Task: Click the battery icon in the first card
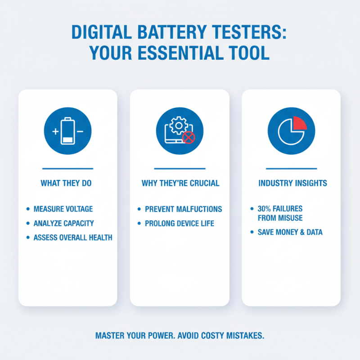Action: point(67,131)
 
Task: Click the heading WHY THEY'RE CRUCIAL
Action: point(180,184)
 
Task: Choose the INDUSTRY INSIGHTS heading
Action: point(292,184)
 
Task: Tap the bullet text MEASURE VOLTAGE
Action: point(63,209)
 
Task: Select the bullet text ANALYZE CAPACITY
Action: point(64,223)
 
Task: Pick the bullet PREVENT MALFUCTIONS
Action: point(184,209)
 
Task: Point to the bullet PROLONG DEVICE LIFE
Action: point(180,224)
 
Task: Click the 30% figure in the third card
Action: point(264,209)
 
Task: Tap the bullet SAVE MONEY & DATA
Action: point(290,233)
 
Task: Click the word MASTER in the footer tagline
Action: point(111,336)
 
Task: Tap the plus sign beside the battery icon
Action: point(56,131)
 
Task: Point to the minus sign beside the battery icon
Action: point(80,131)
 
